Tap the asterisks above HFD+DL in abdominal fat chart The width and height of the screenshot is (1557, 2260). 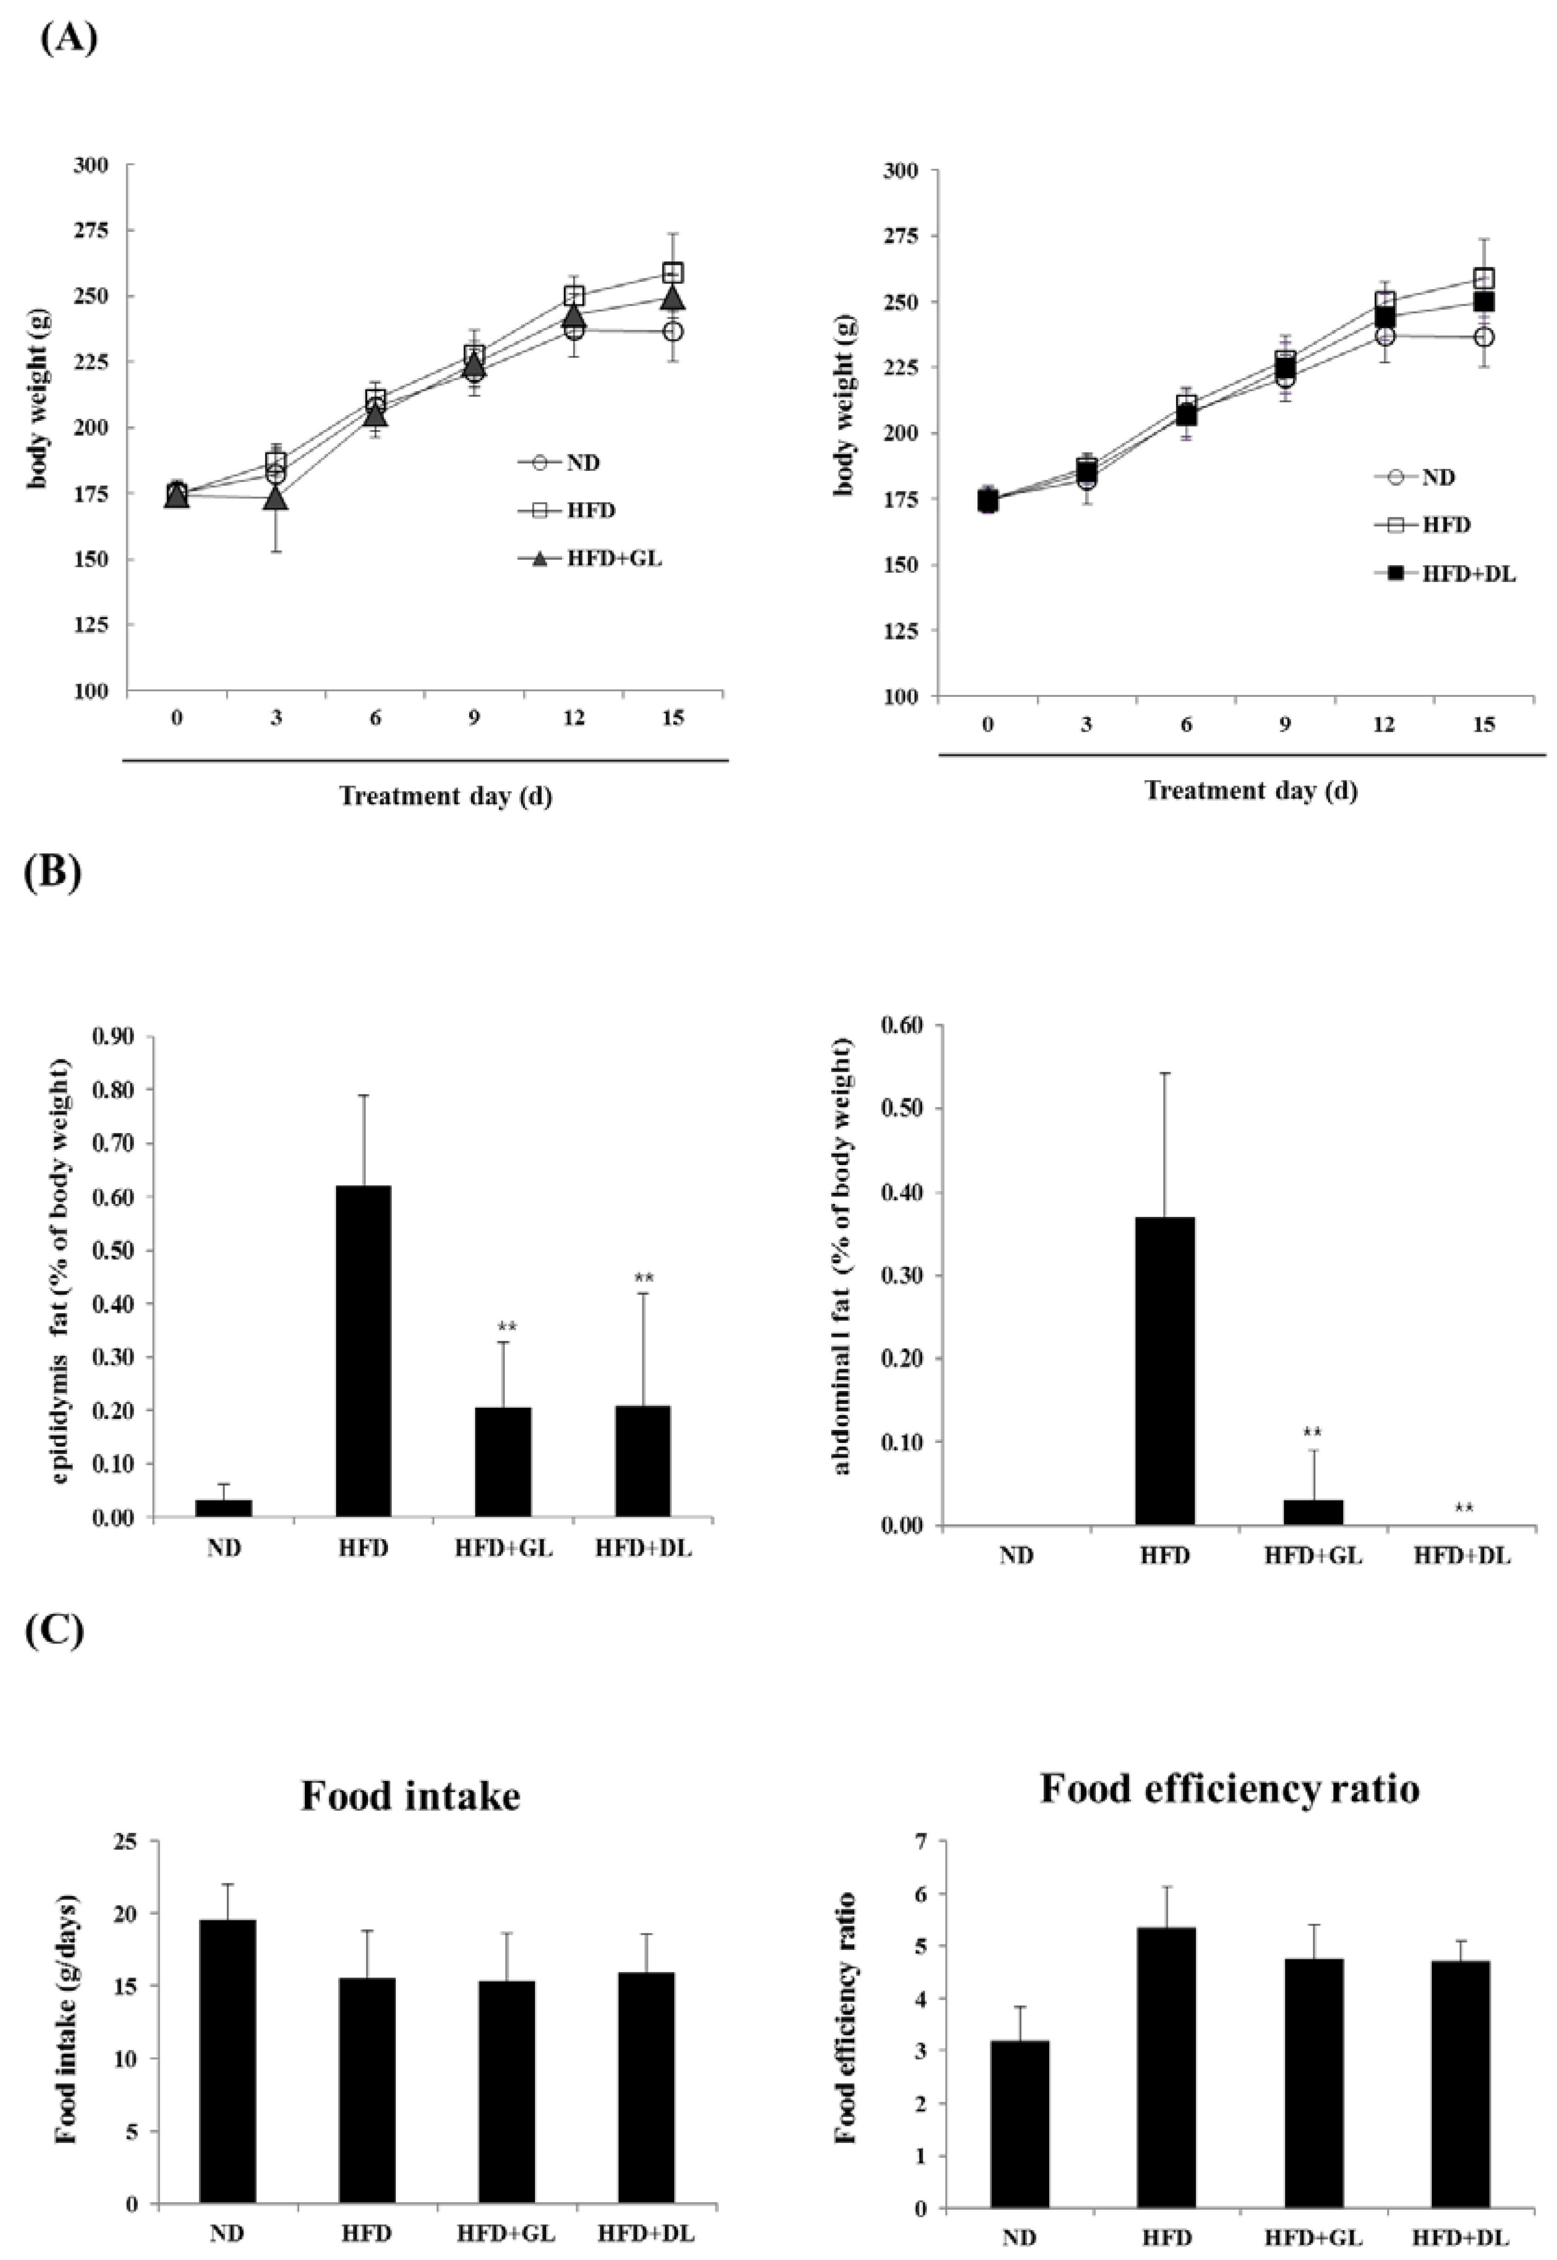coord(1463,1508)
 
